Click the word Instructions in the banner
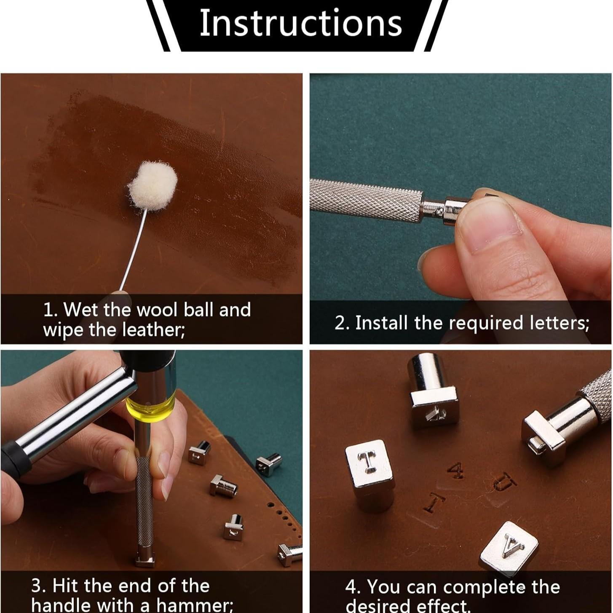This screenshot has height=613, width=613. [300, 23]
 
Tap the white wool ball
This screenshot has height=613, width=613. [153, 185]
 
